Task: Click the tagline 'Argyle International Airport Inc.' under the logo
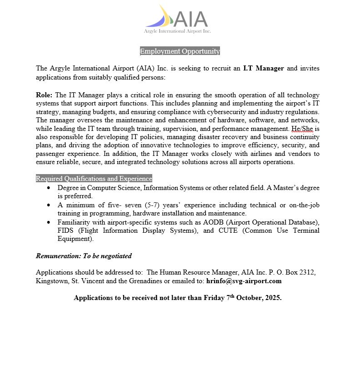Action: click(177, 31)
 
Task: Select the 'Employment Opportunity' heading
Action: click(180, 51)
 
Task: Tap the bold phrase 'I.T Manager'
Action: click(264, 69)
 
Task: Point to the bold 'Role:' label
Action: click(45, 95)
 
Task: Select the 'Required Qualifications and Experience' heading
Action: click(94, 179)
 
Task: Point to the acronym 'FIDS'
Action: click(66, 230)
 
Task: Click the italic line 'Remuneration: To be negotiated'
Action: click(84, 256)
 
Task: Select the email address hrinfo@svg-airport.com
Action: click(244, 281)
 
